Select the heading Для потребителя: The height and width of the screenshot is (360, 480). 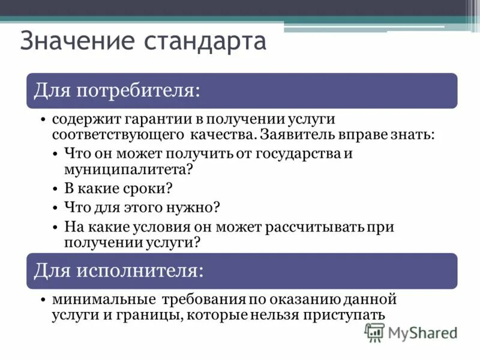point(116,91)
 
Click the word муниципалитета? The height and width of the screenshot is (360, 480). point(128,169)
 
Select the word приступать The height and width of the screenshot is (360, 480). point(351,314)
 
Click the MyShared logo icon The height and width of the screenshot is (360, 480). point(374,332)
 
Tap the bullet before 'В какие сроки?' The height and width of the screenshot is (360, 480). point(55,188)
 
